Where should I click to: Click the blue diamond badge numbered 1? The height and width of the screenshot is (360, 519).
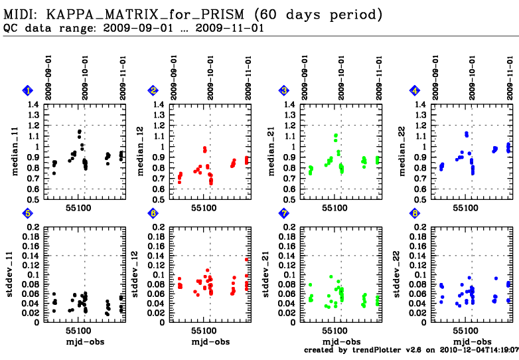(x=27, y=91)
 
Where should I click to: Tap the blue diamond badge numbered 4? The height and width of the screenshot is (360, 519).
(x=415, y=91)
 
